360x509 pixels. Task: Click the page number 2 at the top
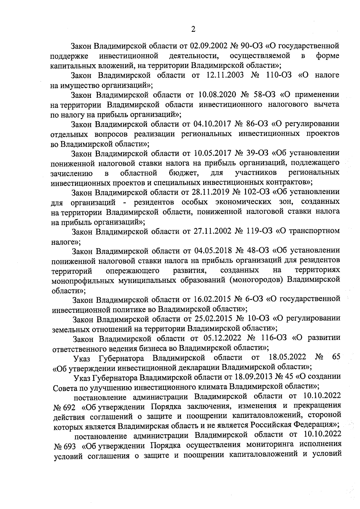pos(193,29)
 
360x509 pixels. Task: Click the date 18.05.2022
pos(287,357)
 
